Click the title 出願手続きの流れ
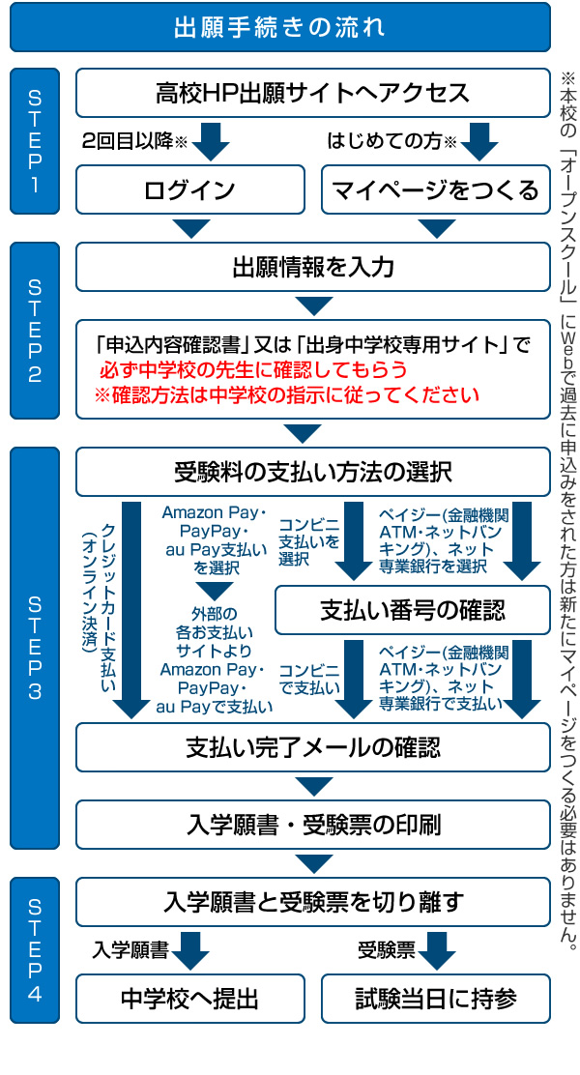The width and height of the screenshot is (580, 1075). pos(279,27)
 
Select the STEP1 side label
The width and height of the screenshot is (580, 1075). pos(35,141)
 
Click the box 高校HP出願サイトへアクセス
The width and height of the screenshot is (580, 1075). pos(312,93)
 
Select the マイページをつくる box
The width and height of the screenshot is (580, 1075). pos(435,189)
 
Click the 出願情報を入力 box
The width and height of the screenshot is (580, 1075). pos(312,267)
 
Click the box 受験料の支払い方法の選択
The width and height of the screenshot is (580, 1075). pos(312,473)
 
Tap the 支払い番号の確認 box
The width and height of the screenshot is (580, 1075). pos(412,610)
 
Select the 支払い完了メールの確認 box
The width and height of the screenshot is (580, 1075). pos(312,747)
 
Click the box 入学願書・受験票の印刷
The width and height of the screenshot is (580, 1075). pos(312,825)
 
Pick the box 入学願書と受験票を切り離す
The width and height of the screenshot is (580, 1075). pos(312,902)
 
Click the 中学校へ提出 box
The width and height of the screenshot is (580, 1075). pos(189,999)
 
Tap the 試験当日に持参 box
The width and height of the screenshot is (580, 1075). pos(435,999)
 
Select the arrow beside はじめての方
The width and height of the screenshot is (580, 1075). pos(478,141)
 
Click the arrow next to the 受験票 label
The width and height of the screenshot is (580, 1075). pos(437,950)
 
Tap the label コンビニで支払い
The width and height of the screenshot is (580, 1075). pos(309,679)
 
